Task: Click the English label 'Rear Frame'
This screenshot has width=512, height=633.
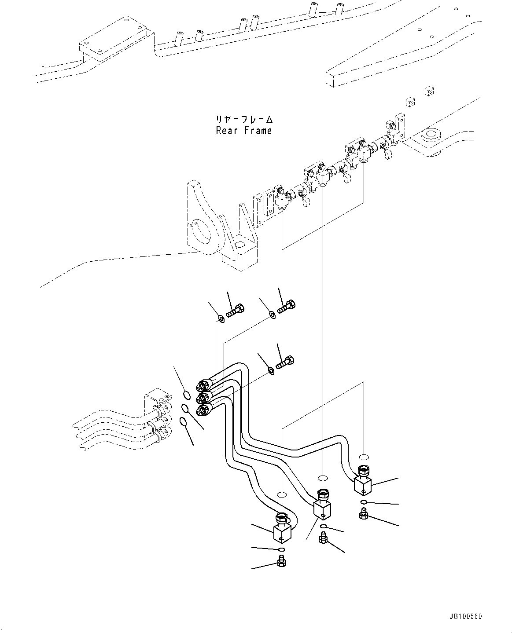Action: (243, 131)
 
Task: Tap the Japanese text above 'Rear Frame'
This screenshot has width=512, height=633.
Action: (243, 119)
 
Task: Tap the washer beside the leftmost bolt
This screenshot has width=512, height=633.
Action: (221, 319)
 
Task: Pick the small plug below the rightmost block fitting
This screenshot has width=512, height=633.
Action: (363, 513)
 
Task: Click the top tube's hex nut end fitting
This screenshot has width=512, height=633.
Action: (203, 385)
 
